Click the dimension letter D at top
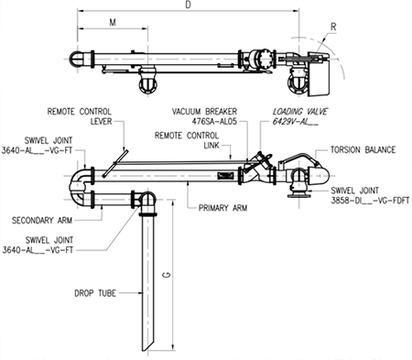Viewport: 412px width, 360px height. coord(190,6)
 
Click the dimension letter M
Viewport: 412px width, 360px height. coord(112,21)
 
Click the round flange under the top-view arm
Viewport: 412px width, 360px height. coord(146,84)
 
